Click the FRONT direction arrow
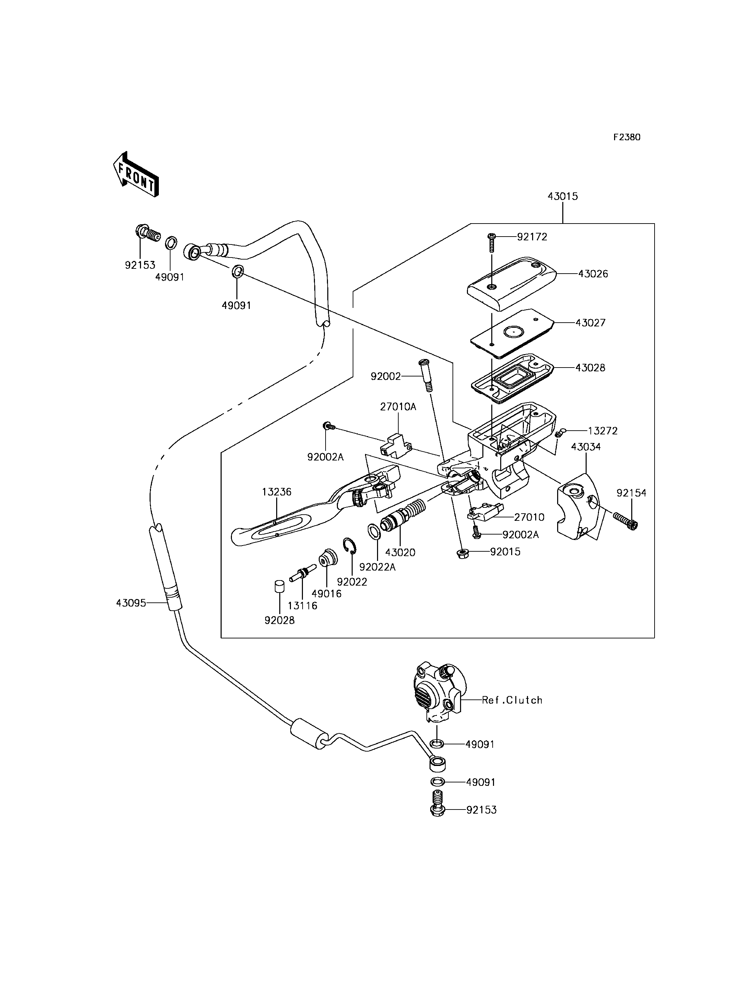pos(136,175)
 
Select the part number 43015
pos(563,196)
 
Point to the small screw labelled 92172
pos(492,242)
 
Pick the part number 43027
pos(590,323)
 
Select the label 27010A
pos(398,407)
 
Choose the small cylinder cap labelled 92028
pos(279,586)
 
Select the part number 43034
pos(586,446)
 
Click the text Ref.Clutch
pos(512,700)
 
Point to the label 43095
pos(131,603)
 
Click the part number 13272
pos(602,431)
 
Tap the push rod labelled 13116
pos(303,573)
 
